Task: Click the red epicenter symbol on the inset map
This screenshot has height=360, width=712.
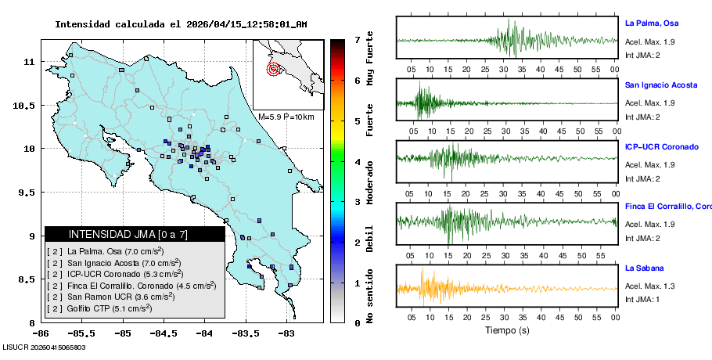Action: [x=273, y=69]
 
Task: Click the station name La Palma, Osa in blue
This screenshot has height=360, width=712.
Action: [x=656, y=23]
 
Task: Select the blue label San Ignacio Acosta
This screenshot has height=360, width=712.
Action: [x=661, y=85]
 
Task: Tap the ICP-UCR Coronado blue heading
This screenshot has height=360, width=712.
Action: [x=662, y=147]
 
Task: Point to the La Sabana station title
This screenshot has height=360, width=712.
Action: [x=645, y=268]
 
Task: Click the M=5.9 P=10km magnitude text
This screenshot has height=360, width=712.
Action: [x=286, y=117]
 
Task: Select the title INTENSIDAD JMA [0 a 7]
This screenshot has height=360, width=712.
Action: [x=135, y=234]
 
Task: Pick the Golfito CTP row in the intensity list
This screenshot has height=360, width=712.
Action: [x=99, y=308]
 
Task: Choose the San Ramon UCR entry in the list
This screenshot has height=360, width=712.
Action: [x=109, y=297]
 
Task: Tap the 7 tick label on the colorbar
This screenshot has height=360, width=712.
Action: [x=357, y=39]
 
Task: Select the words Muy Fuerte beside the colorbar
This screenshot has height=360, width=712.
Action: [x=370, y=59]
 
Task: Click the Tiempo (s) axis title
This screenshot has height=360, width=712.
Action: [x=506, y=329]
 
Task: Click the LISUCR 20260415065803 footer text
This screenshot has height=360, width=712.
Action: [x=44, y=347]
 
